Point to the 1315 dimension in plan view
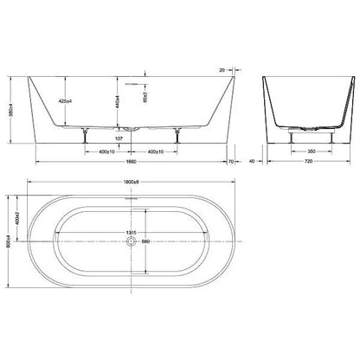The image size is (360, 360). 131,233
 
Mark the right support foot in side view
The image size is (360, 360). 177,132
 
